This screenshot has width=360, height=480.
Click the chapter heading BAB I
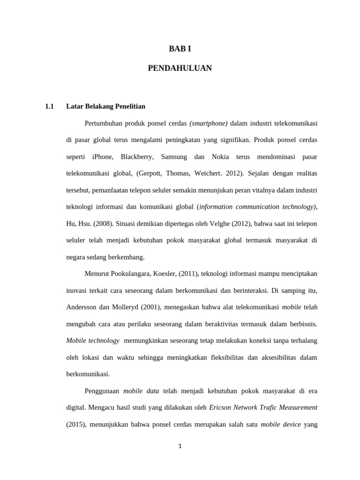click(180, 49)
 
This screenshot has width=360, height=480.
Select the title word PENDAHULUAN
click(180, 68)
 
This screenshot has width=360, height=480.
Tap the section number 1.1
click(50, 106)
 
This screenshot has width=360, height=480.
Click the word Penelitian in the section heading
click(129, 106)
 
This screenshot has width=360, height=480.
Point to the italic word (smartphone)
click(209, 123)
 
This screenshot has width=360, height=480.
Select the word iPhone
click(103, 157)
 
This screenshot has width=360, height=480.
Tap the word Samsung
click(174, 157)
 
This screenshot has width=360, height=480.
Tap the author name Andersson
click(82, 307)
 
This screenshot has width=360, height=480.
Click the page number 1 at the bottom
click(180, 446)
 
